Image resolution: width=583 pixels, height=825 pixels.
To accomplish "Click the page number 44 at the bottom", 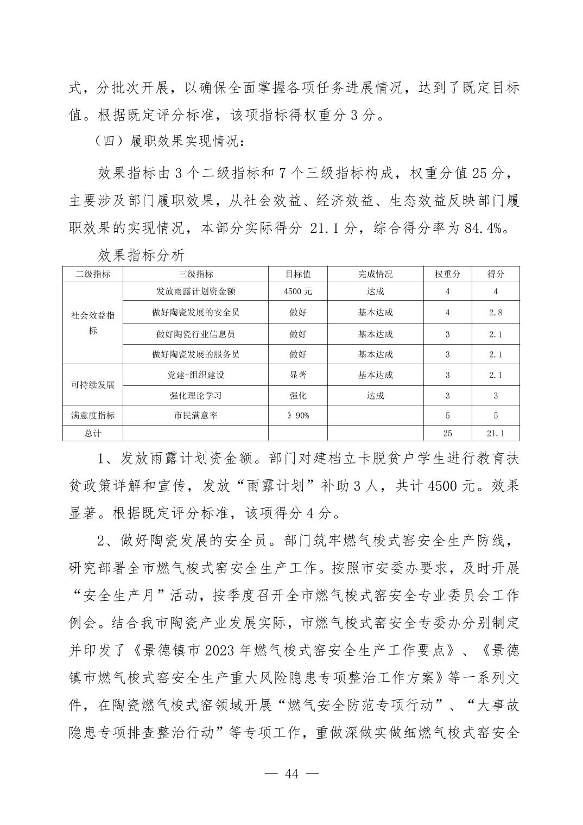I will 291,774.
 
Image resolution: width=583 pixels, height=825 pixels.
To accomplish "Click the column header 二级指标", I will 93,274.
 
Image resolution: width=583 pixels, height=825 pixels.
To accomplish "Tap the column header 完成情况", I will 375,274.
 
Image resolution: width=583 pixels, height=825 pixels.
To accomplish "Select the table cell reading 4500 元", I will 298,291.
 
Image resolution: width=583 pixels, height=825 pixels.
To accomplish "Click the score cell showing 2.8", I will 495,312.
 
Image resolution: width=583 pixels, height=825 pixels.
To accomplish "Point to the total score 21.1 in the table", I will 495,433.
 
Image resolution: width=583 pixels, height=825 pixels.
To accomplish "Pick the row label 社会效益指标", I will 93,322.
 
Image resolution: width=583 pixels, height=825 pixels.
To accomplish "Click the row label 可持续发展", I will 93,385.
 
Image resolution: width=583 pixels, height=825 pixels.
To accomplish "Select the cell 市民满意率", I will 196,416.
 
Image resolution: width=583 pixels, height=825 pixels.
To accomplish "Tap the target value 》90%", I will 298,416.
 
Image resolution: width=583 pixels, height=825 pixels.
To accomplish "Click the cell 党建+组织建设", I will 196,375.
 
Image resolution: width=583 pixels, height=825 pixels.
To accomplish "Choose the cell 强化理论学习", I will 196,396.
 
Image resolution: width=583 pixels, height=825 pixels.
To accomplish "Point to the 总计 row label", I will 93,433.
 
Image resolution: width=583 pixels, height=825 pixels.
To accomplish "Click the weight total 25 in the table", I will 447,433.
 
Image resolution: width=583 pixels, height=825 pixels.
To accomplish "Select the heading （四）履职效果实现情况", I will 166,142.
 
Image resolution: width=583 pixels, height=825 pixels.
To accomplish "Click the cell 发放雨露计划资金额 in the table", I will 196,291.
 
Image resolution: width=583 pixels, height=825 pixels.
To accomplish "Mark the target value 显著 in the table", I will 298,375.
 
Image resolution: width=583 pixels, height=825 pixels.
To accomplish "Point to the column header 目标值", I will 298,274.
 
